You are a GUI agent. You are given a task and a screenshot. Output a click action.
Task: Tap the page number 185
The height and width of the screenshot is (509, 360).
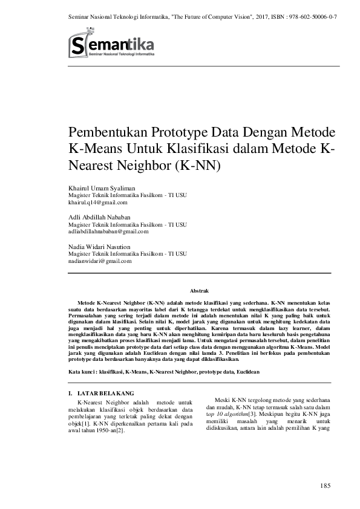pyautogui.click(x=326, y=486)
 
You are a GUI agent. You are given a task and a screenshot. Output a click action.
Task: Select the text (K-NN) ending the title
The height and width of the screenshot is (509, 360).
pyautogui.click(x=200, y=164)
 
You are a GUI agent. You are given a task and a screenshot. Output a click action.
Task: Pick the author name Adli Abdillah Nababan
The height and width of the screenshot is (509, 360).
pyautogui.click(x=99, y=217)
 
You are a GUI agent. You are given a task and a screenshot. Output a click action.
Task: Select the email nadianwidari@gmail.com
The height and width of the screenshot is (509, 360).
pyautogui.click(x=100, y=261)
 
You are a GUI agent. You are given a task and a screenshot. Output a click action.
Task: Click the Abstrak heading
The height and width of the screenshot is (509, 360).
pyautogui.click(x=199, y=291)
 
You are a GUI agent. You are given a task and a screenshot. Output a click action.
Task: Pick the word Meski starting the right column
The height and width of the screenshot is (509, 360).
pyautogui.click(x=223, y=400)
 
